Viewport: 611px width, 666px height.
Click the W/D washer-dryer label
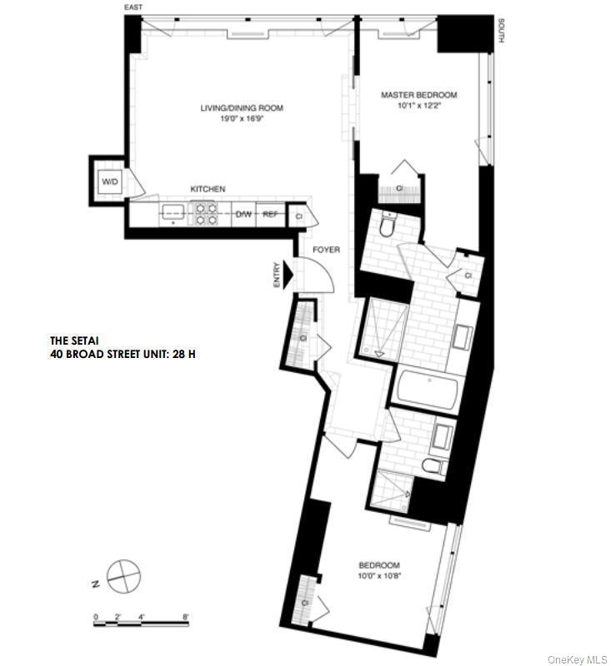pos(110,181)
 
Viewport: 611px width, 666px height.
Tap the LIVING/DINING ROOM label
pos(242,108)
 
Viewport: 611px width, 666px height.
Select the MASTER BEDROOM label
pos(419,96)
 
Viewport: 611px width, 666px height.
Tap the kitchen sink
pos(173,213)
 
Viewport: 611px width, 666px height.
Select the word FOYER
pos(324,249)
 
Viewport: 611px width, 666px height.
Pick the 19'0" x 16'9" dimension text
pos(242,119)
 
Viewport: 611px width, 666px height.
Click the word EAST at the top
pos(133,7)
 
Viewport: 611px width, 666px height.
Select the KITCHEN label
pos(208,189)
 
